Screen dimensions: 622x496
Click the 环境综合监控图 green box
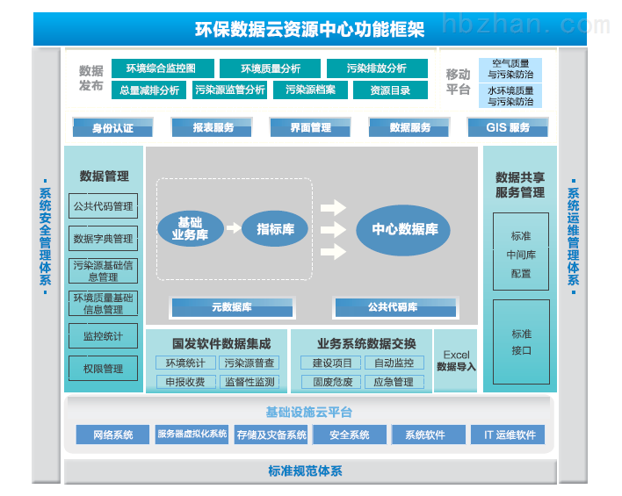click(163, 68)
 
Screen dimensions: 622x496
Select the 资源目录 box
click(390, 90)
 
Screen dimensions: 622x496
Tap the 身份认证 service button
click(112, 127)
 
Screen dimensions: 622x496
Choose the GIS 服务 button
click(508, 127)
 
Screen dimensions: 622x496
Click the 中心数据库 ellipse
click(403, 230)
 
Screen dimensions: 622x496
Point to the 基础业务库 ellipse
click(191, 228)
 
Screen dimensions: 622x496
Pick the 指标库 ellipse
click(275, 229)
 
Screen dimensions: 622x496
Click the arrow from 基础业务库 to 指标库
click(234, 228)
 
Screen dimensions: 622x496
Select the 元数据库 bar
click(233, 307)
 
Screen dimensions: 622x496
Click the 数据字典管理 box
click(103, 238)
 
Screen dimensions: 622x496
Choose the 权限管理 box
click(103, 369)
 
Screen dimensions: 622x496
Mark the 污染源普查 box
click(250, 363)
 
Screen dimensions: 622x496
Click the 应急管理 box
click(394, 382)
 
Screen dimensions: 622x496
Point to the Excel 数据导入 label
click(456, 361)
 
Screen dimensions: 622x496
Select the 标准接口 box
click(521, 341)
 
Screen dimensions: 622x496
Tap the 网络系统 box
click(112, 435)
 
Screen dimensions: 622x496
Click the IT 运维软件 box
click(508, 435)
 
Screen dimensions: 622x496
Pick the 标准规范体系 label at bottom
click(305, 471)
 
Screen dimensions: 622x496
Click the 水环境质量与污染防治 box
click(510, 96)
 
